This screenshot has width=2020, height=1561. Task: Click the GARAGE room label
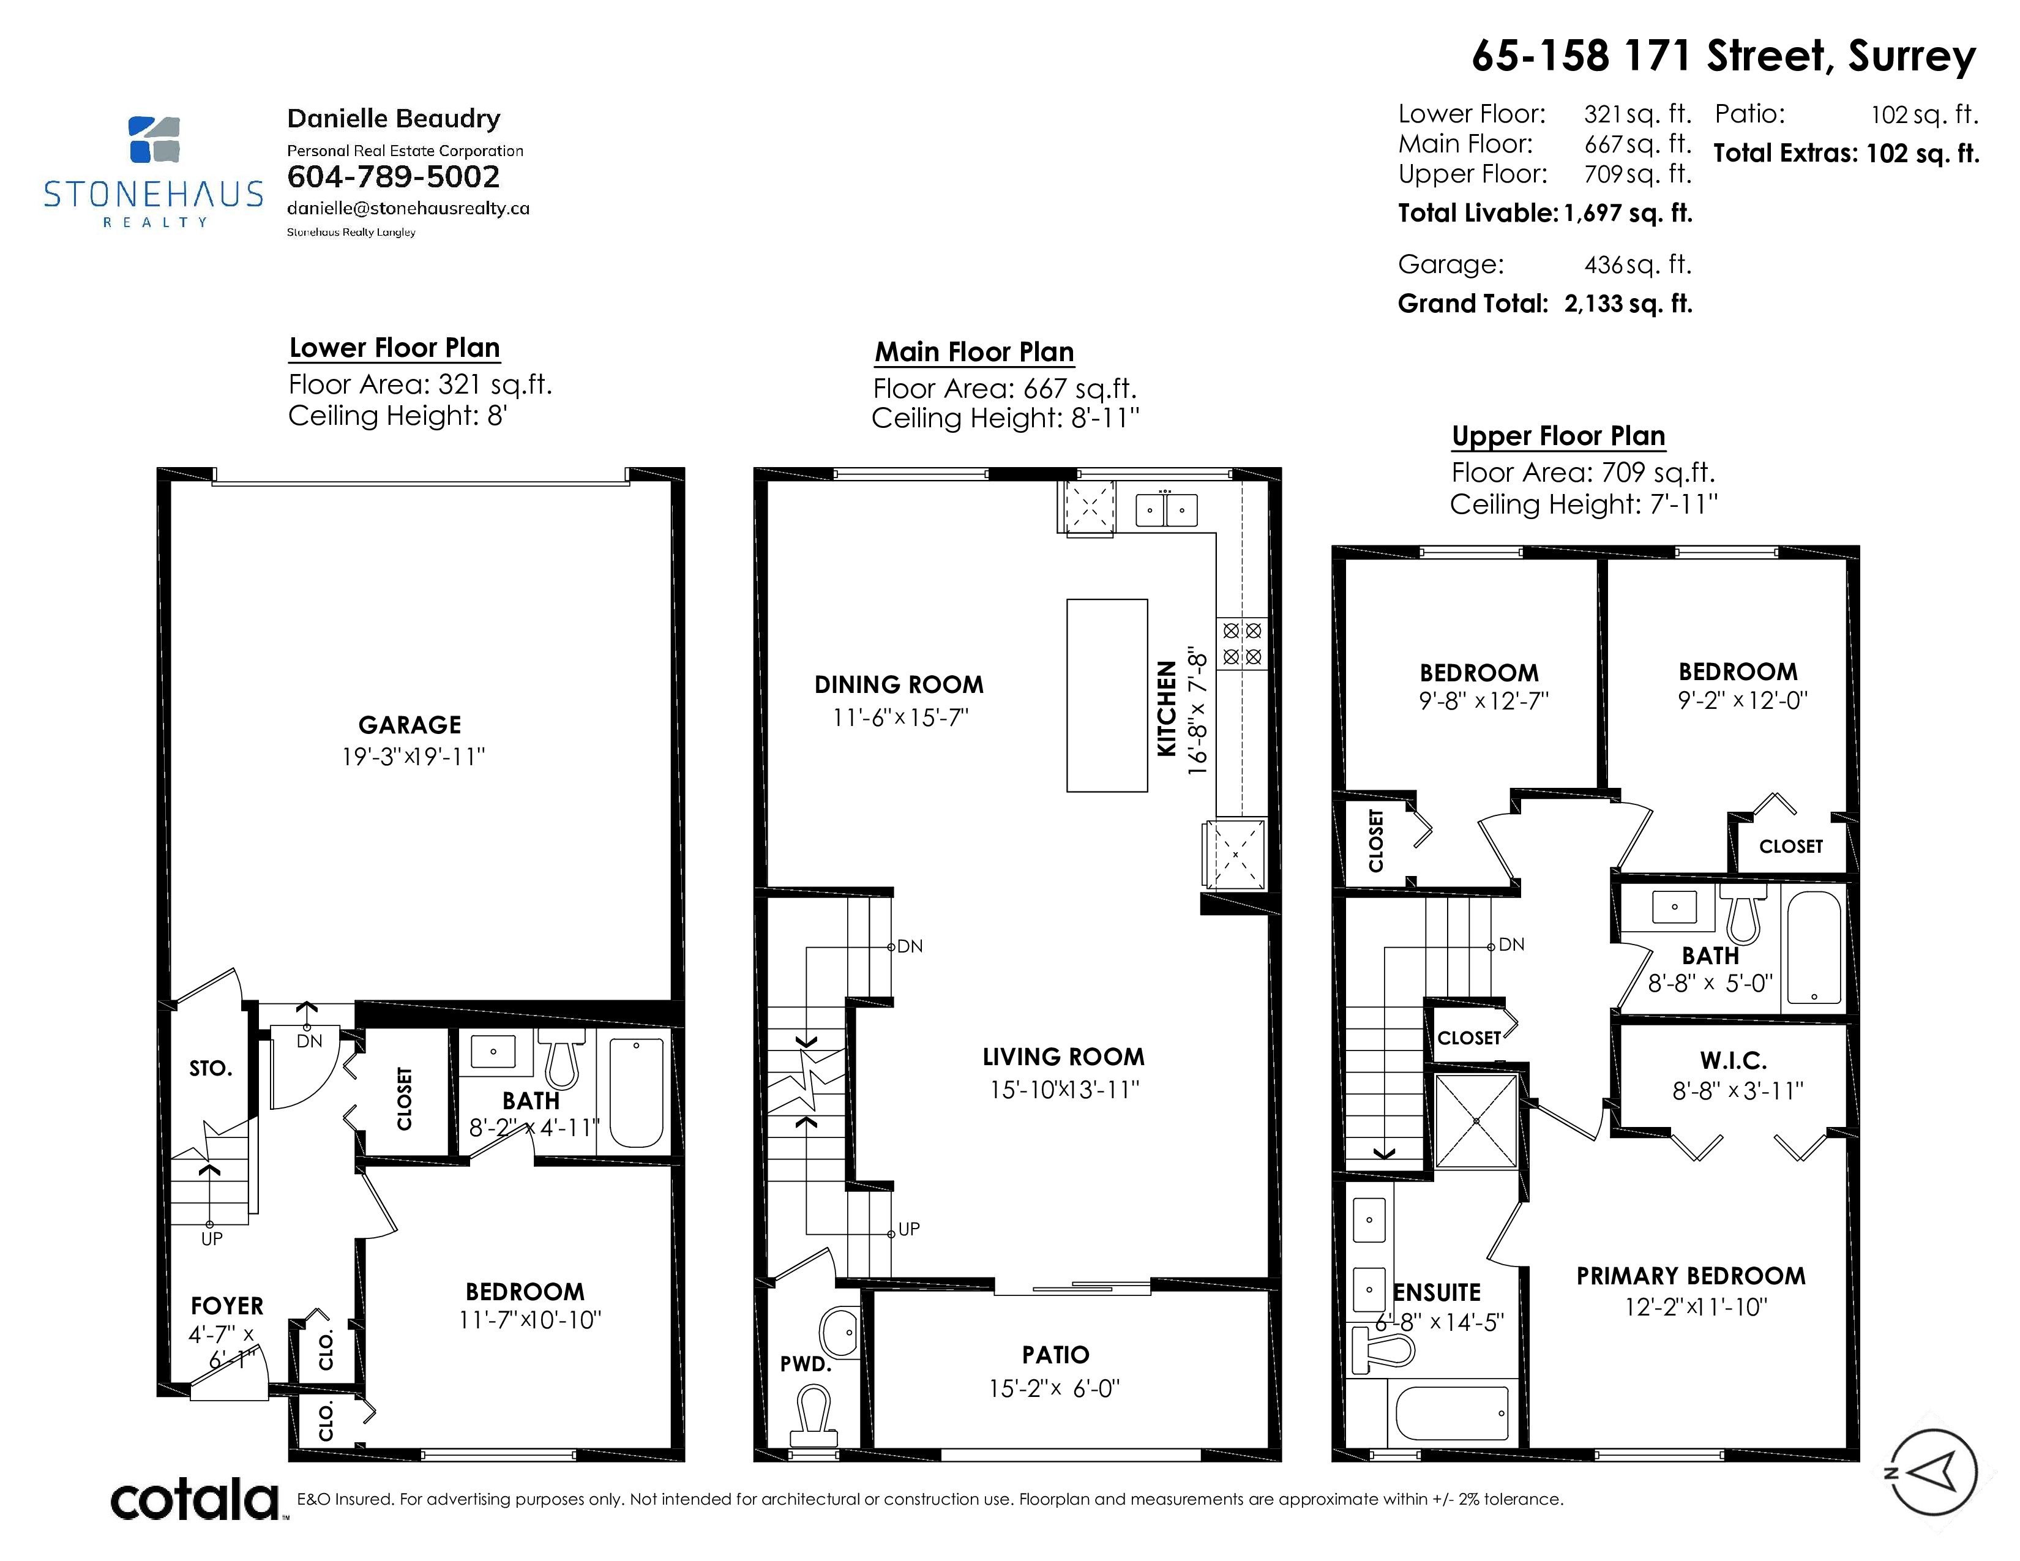pos(410,725)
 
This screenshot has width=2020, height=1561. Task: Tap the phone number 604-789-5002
pos(393,177)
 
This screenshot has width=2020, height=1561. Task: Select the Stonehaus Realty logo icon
pos(154,139)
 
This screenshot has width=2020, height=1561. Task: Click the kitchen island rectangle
pos(1107,695)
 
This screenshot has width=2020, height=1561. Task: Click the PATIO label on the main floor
pos(1055,1355)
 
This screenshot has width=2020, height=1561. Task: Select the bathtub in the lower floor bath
pos(637,1092)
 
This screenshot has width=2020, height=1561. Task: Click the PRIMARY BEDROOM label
pos(1691,1276)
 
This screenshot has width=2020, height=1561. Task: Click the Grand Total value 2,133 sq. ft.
pos(1628,303)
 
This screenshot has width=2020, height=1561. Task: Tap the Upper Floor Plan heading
pos(1558,436)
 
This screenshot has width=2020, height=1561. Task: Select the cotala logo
pos(195,1500)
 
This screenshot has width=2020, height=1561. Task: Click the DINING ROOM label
pos(899,684)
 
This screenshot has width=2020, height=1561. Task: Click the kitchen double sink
pos(1166,509)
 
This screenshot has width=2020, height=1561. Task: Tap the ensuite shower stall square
pos(1476,1121)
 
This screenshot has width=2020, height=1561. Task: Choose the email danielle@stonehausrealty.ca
pos(408,208)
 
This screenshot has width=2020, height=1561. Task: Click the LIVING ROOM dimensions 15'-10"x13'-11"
pos(1064,1090)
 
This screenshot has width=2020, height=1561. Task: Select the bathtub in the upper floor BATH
pos(1814,947)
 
